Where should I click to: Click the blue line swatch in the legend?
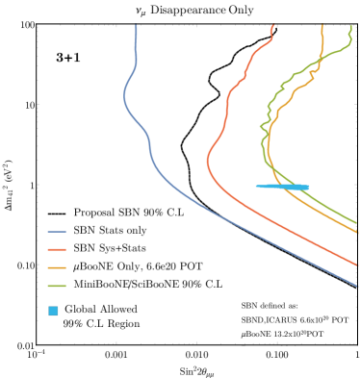(x=57, y=232)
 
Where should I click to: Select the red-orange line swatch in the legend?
(x=57, y=250)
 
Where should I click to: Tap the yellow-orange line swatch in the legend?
(x=57, y=268)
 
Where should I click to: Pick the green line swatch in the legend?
(x=57, y=287)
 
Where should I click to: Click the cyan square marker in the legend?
(x=54, y=311)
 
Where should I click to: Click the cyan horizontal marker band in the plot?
(x=283, y=187)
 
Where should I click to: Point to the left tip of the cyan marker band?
(x=256, y=187)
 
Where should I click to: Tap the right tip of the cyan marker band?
(x=309, y=188)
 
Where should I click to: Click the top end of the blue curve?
(x=137, y=26)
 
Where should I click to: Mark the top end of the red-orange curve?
(x=274, y=26)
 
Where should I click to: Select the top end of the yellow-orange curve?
(x=322, y=26)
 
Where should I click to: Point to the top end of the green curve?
(x=350, y=27)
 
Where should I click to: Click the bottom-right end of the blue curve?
(x=358, y=286)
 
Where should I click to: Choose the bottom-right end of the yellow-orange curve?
(x=358, y=234)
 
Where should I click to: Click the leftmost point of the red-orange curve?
(x=207, y=162)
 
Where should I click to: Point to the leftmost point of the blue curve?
(x=124, y=96)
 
